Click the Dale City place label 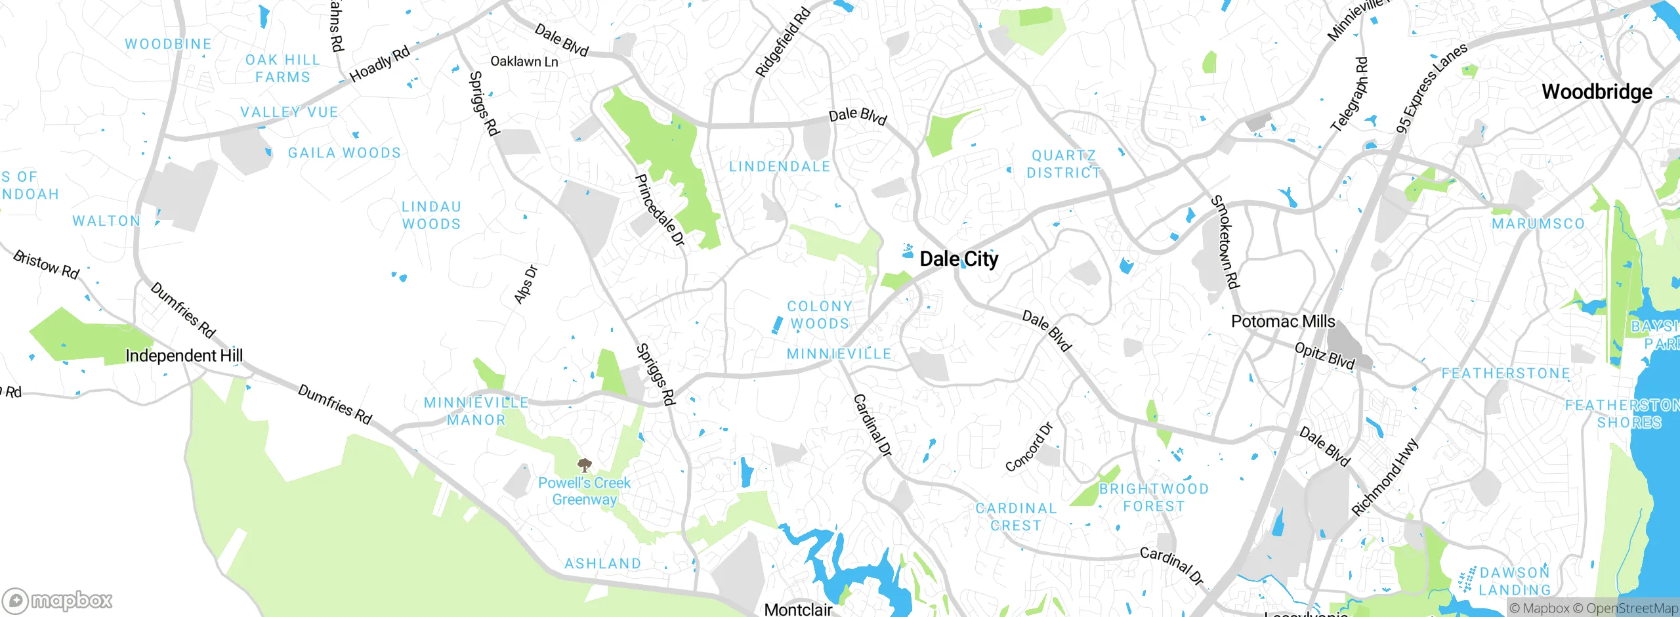click(x=959, y=259)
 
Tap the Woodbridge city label click(x=1597, y=92)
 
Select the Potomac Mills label click(x=1283, y=322)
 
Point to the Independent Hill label click(x=184, y=356)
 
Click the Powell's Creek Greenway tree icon click(x=584, y=466)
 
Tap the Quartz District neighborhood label click(x=1063, y=164)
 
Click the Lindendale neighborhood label click(x=780, y=167)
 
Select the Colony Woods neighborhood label click(x=820, y=315)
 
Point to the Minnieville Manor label click(x=476, y=412)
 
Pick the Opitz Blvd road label click(x=1324, y=356)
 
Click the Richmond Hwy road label click(x=1385, y=477)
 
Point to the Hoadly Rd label click(x=379, y=64)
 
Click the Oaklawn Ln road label click(x=524, y=62)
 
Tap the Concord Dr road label click(x=1029, y=448)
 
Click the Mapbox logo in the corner click(x=58, y=601)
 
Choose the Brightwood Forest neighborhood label click(x=1154, y=498)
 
